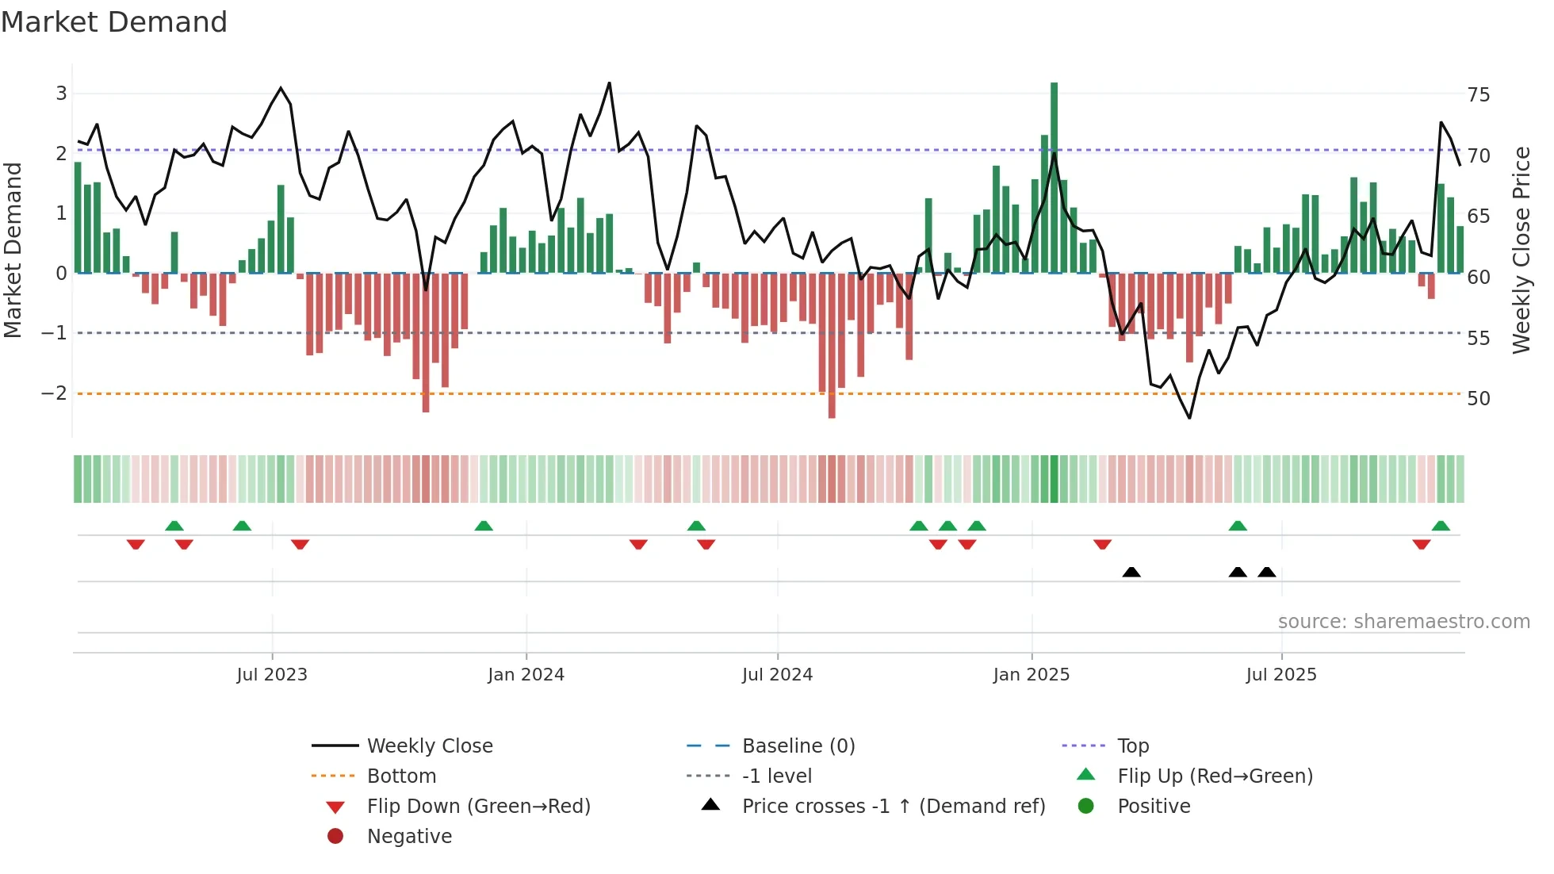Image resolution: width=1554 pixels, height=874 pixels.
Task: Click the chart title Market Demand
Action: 114,22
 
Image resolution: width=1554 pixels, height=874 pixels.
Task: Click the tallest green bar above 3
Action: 1054,174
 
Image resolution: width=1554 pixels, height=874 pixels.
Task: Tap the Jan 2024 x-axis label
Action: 526,675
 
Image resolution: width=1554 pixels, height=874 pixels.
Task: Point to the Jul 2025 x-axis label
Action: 1280,675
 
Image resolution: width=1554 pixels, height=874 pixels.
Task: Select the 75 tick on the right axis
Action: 1478,95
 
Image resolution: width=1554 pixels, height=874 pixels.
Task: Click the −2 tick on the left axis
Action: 54,393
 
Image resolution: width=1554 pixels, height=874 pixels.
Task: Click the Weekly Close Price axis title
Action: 1521,250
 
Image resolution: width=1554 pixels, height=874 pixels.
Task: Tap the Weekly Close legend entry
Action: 429,746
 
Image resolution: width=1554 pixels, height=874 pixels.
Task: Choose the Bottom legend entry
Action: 401,776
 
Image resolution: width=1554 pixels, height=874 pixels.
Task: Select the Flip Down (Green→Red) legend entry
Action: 478,807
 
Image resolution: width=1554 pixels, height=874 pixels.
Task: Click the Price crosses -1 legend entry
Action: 893,807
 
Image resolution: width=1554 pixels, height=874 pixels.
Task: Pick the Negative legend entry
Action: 409,837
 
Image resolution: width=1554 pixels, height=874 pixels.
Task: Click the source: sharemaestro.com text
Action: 1403,622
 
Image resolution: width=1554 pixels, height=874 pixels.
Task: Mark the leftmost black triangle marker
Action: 1131,573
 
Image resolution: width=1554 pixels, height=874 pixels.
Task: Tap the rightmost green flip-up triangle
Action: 1441,526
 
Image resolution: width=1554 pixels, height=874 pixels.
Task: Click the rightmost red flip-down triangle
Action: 1421,545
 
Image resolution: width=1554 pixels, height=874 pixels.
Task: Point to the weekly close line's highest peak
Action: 609,82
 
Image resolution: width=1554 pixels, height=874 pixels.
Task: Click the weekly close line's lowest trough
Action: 1189,418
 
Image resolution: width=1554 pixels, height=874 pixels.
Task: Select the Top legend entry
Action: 1132,746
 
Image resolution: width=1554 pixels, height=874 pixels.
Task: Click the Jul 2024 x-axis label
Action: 777,675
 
